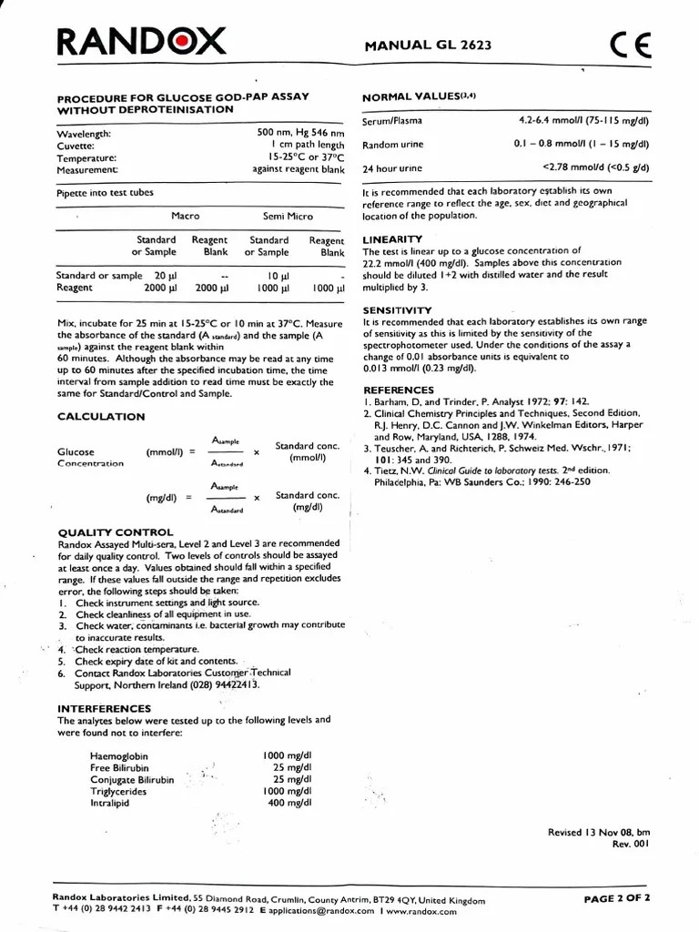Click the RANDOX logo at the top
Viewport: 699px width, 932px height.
[x=141, y=41]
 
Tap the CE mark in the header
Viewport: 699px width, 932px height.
[x=631, y=46]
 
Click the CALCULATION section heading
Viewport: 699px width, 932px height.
[x=101, y=417]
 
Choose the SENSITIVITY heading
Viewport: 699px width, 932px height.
[x=397, y=310]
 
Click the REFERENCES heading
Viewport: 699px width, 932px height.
[x=398, y=390]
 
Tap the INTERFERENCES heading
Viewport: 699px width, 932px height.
[x=105, y=708]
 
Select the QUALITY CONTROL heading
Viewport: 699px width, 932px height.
[x=116, y=532]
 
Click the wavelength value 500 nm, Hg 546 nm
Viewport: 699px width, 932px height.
[x=300, y=133]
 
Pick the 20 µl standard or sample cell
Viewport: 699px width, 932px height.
[x=164, y=276]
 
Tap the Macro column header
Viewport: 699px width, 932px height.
[x=185, y=217]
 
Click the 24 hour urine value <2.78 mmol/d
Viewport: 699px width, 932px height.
[x=595, y=167]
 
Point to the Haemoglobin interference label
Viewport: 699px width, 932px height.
[x=118, y=756]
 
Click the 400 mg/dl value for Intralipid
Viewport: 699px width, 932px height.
[x=289, y=803]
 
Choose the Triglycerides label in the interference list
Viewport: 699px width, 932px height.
[x=118, y=792]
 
